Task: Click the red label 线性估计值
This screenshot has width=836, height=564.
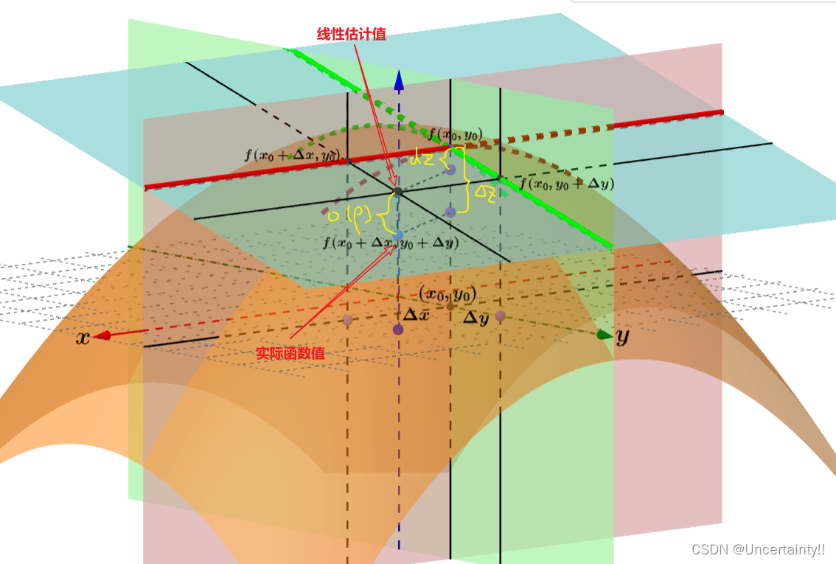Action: [x=351, y=34]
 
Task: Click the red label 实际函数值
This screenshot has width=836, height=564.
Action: [x=290, y=353]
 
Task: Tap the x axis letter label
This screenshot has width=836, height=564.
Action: [x=83, y=338]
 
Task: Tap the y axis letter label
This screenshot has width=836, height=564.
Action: [x=622, y=337]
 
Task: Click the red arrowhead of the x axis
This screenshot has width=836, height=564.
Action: [x=103, y=335]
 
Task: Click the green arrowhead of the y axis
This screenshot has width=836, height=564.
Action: [x=605, y=335]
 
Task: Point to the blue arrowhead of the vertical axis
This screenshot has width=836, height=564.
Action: [x=399, y=79]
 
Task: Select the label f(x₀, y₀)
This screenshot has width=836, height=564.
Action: [x=456, y=134]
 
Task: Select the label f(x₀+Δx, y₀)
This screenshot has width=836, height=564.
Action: [x=293, y=156]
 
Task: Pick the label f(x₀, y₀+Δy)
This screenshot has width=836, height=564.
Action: [x=567, y=184]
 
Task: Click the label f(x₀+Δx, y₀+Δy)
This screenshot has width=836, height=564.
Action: [x=391, y=242]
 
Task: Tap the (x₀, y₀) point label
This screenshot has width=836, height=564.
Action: [x=447, y=293]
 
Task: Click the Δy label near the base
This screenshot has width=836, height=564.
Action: [x=476, y=318]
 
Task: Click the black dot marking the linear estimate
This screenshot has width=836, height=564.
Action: [x=398, y=192]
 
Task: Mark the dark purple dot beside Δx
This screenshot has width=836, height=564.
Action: [x=399, y=330]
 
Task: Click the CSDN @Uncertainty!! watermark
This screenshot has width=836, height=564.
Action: [x=758, y=549]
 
